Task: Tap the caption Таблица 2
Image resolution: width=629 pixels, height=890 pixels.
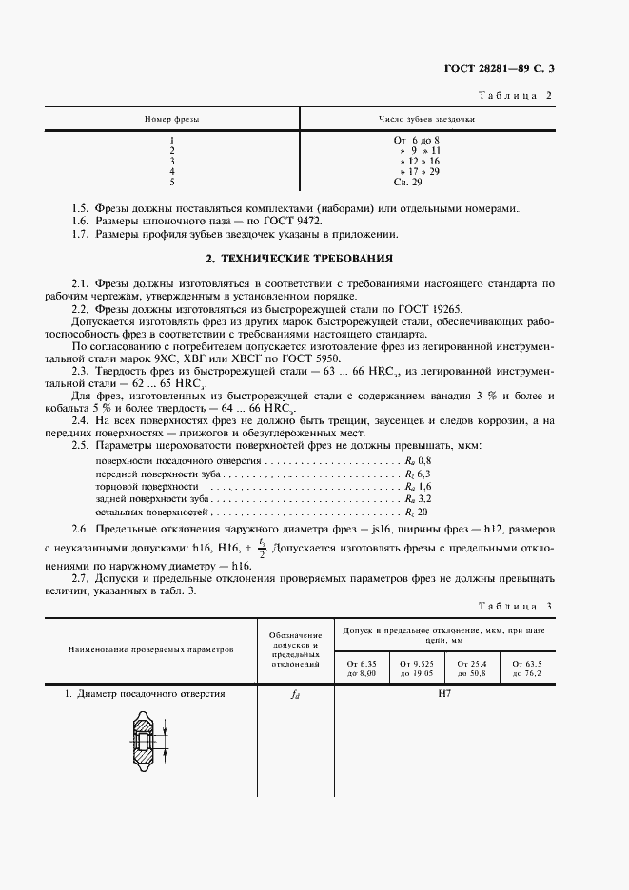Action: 513,96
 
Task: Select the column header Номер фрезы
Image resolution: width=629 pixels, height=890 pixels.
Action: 171,120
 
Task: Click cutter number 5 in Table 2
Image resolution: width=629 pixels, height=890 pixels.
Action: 171,181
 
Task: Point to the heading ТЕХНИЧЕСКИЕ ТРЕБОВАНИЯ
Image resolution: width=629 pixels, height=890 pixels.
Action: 300,259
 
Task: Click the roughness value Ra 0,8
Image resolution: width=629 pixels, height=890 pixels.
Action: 418,459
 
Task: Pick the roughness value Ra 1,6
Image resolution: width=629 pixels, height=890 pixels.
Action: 418,485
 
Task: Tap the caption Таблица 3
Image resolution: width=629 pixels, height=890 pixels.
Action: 513,606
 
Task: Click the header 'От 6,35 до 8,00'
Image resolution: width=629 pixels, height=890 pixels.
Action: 363,668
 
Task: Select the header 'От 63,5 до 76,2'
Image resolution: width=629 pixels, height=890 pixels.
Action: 526,668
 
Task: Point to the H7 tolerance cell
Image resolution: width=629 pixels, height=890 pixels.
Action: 444,695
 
